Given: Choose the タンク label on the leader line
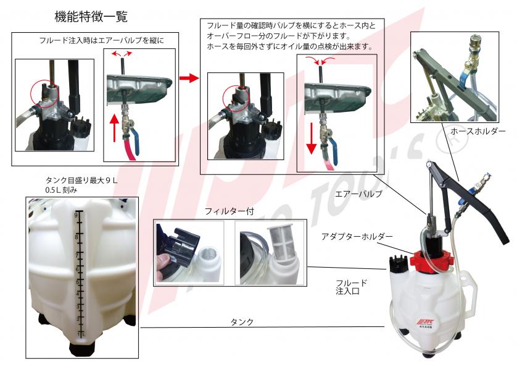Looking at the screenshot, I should point(242,322).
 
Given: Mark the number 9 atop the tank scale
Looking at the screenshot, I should point(76,215).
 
